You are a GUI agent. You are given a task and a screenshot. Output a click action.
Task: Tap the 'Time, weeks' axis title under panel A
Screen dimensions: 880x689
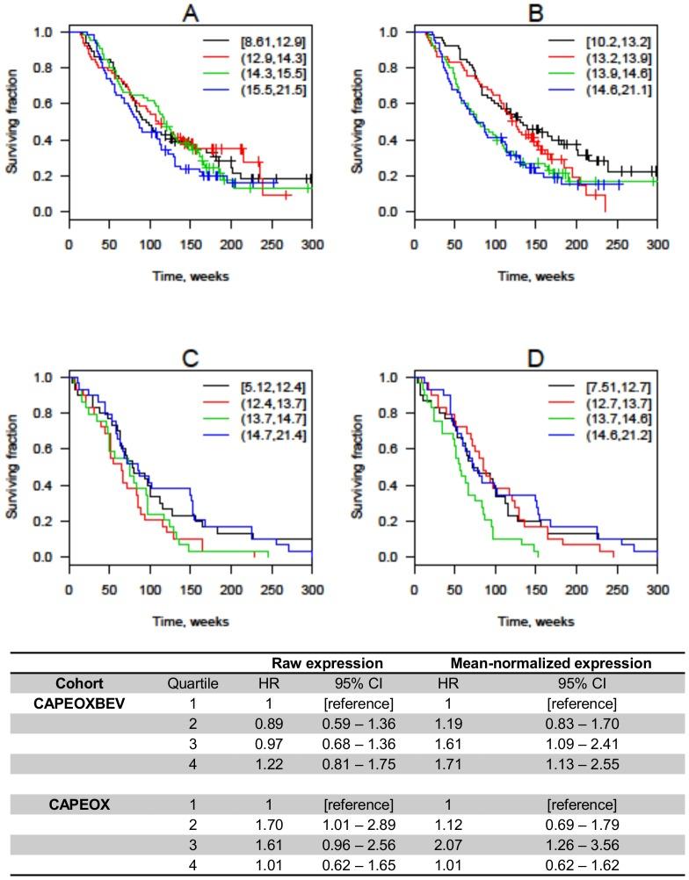[188, 276]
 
